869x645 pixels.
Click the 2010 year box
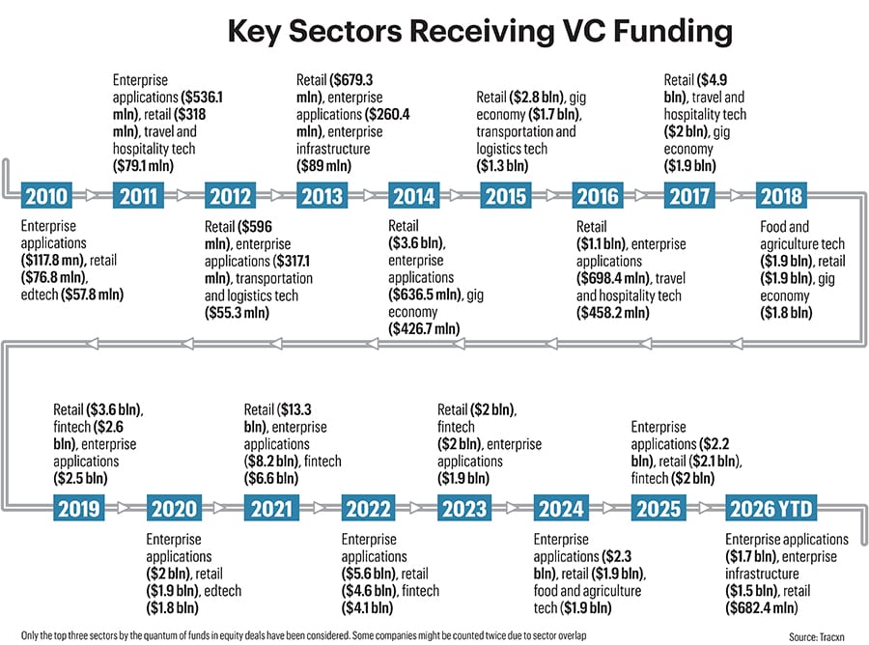pyautogui.click(x=46, y=196)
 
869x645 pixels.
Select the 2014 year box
pyautogui.click(x=414, y=196)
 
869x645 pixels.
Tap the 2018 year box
pyautogui.click(x=781, y=196)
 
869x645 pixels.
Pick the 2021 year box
pyautogui.click(x=271, y=508)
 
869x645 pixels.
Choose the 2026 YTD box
pyautogui.click(x=771, y=508)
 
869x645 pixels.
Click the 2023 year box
pyautogui.click(x=464, y=508)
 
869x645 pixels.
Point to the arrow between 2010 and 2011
pyautogui.click(x=93, y=195)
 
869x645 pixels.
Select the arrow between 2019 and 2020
pyautogui.click(x=125, y=508)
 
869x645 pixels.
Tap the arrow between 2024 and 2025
pyautogui.click(x=609, y=508)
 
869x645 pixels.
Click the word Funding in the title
pyautogui.click(x=673, y=31)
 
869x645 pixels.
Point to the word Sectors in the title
pyautogui.click(x=346, y=31)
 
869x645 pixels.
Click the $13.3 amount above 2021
pyautogui.click(x=294, y=409)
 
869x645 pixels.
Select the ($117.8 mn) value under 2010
pyautogui.click(x=53, y=260)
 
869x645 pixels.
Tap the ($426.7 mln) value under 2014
pyautogui.click(x=424, y=329)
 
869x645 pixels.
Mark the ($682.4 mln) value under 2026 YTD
pyautogui.click(x=762, y=608)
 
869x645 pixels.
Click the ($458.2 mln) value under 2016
pyautogui.click(x=612, y=313)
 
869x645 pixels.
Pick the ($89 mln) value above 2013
pyautogui.click(x=323, y=166)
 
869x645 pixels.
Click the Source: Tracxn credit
pyautogui.click(x=817, y=637)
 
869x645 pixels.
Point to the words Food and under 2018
pyautogui.click(x=784, y=227)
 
